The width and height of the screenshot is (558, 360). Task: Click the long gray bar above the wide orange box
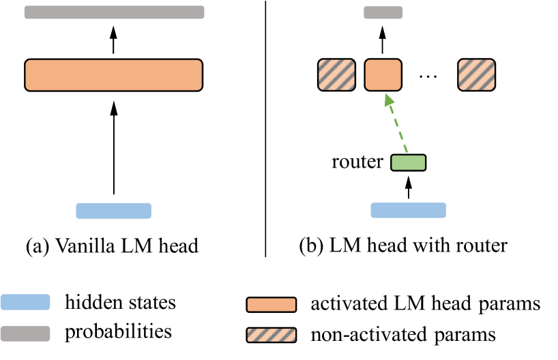[114, 12]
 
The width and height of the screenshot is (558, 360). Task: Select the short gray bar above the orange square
[383, 12]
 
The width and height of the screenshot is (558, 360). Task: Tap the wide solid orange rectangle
[113, 75]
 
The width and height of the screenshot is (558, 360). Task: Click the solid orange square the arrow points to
[383, 75]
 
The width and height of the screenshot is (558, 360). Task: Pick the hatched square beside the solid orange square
[336, 75]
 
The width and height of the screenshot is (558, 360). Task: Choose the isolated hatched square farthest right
[476, 75]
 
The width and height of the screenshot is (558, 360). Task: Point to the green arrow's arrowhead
[389, 99]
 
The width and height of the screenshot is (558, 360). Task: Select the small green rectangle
[408, 162]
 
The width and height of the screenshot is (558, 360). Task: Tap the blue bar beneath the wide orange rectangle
[113, 211]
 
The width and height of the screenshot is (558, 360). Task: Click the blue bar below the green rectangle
[408, 210]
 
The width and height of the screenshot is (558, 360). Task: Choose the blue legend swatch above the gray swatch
[25, 302]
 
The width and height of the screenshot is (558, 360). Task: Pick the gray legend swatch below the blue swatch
[25, 333]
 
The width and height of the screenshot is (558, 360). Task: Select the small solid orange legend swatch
[271, 305]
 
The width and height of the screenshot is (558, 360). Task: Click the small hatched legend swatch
[271, 335]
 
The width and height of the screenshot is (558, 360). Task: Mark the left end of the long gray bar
[26, 12]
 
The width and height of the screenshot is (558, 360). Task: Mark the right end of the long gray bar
[203, 12]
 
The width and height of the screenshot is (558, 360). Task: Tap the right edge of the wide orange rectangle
[201, 75]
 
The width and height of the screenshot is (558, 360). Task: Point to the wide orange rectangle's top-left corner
[27, 61]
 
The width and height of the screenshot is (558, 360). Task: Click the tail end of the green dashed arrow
[407, 153]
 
